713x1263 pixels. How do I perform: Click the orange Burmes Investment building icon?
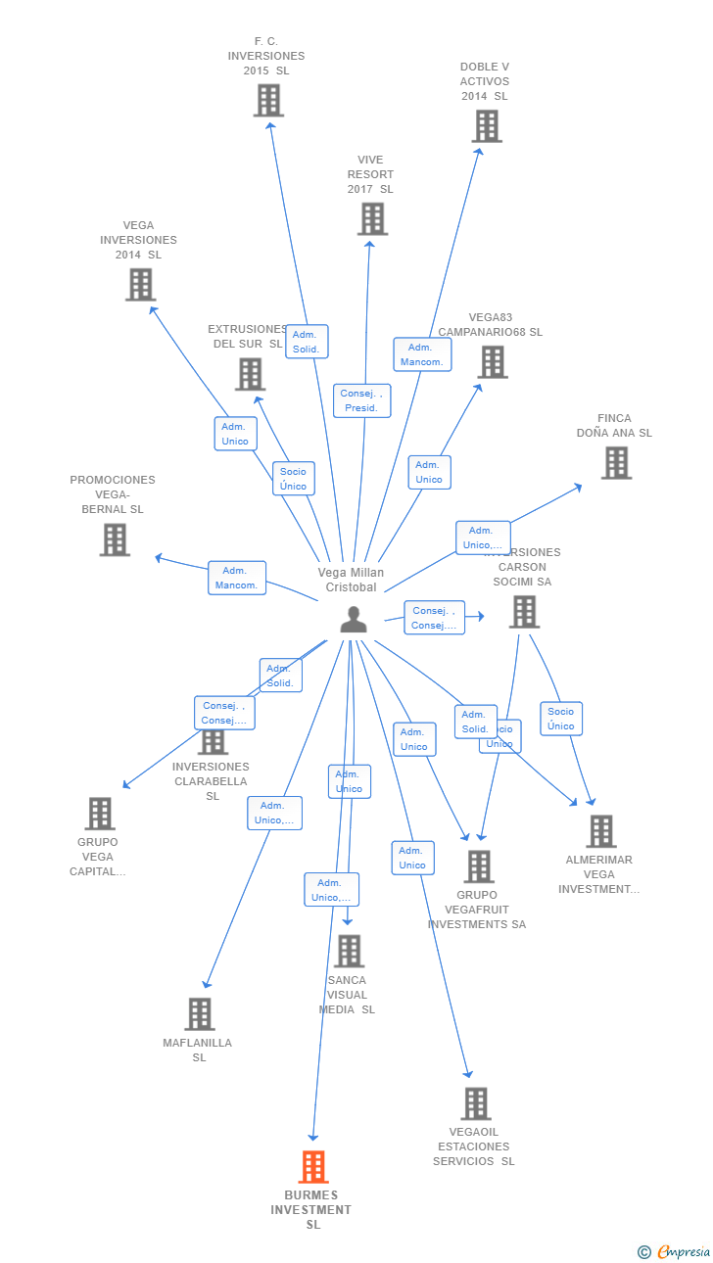313,1167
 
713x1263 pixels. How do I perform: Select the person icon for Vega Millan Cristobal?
354,620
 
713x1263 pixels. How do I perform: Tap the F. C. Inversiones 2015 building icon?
268,101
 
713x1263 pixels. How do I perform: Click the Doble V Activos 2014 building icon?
487,126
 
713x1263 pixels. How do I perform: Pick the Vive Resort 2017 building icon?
372,219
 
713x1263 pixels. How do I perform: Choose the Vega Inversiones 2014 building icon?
141,285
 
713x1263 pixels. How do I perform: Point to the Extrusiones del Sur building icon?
251,374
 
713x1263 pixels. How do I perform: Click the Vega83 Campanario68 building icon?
492,362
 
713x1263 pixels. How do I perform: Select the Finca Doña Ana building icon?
616,463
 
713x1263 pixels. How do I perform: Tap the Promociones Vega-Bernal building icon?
115,539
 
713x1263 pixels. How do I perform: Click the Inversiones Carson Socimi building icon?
525,612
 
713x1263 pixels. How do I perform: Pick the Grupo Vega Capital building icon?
100,814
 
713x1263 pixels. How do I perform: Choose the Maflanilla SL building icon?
200,1014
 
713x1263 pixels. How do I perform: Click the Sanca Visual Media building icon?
349,951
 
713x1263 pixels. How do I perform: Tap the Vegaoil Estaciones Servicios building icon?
476,1103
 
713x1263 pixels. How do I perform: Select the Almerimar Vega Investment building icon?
601,831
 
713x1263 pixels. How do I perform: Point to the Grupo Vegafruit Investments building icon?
479,866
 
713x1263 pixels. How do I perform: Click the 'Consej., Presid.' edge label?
361,400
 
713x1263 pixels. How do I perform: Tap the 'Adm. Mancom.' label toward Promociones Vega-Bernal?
237,578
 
